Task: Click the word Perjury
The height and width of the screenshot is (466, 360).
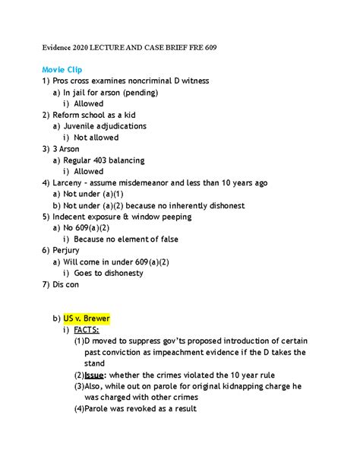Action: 71,249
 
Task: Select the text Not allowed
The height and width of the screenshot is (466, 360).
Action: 96,137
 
